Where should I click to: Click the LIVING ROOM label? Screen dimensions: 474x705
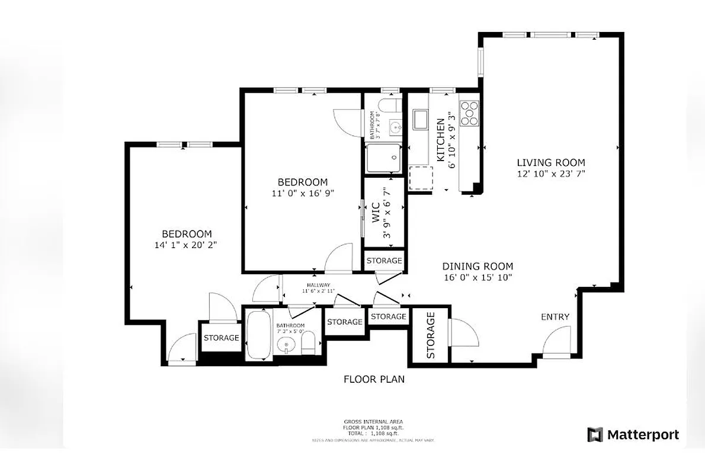550,162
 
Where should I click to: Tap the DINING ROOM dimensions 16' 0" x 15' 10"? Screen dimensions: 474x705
478,277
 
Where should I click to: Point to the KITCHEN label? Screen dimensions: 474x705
441,140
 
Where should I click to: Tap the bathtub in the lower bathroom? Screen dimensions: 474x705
258,334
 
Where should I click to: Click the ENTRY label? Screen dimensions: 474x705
555,317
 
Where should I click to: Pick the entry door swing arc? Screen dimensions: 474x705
556,341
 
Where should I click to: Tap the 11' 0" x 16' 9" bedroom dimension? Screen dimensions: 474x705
302,193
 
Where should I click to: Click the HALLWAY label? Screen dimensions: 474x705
319,285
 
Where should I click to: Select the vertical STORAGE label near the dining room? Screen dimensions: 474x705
431,336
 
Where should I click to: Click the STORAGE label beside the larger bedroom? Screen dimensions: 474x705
221,338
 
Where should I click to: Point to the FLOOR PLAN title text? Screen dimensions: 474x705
374,379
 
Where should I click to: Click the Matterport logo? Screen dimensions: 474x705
633,435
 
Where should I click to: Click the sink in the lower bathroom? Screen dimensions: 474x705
286,345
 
